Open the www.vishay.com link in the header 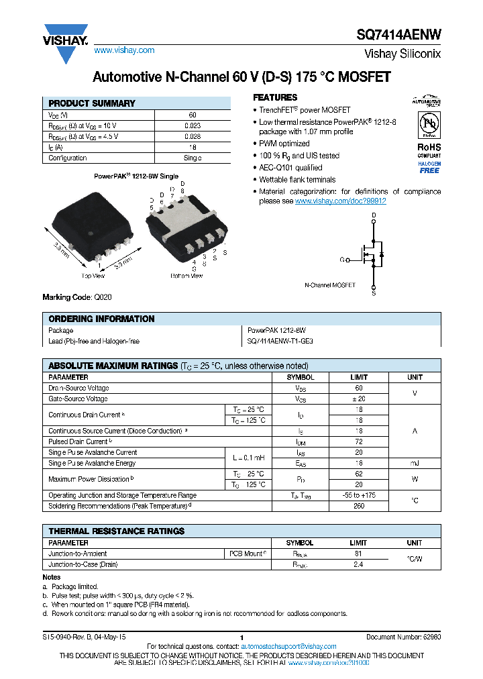tap(124, 50)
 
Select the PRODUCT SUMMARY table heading tap(92, 103)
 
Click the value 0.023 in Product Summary tap(193, 125)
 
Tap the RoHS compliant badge tap(429, 150)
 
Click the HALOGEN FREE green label tap(429, 167)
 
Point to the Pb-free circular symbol tap(429, 125)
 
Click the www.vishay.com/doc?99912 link tap(340, 201)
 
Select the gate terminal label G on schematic tap(342, 259)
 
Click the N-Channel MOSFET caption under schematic tap(329, 284)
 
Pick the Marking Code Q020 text tap(75, 297)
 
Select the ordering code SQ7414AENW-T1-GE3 tap(280, 341)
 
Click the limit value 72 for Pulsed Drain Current tap(359, 441)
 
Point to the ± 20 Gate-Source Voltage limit tap(359, 399)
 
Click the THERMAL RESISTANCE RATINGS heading tap(116, 531)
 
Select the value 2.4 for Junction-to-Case tap(358, 564)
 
